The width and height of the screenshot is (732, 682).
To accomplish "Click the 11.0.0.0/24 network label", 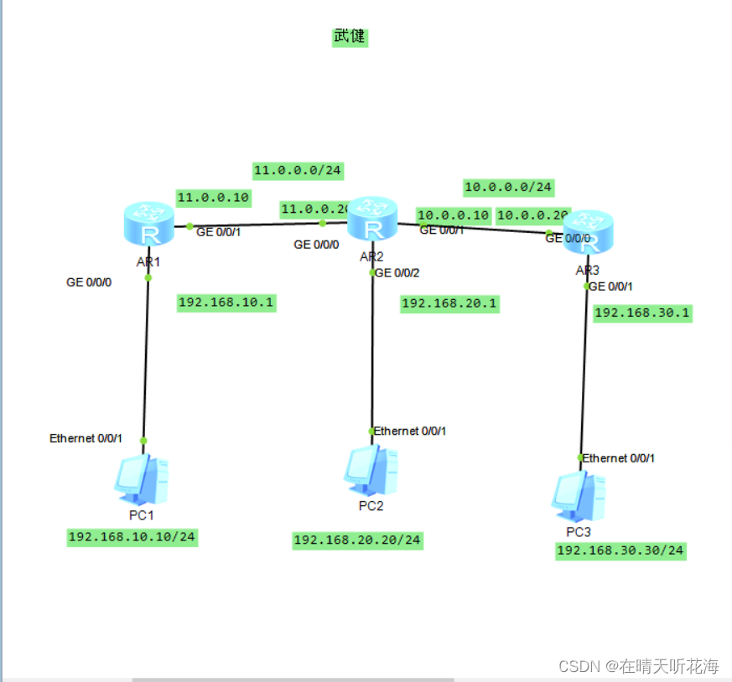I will [x=298, y=171].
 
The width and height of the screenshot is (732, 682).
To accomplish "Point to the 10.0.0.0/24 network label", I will [x=508, y=187].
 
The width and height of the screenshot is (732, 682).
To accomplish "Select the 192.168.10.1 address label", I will [x=226, y=302].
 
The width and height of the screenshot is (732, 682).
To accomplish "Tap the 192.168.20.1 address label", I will [x=449, y=303].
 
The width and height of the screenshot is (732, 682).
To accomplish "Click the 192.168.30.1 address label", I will [x=642, y=313].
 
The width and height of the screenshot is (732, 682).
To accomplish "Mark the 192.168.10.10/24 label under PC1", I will [x=132, y=537].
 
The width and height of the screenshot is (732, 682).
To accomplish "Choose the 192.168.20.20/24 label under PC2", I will [x=357, y=540].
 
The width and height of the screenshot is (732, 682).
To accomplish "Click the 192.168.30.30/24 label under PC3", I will [x=620, y=550].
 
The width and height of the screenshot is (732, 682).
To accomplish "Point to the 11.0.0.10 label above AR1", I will [x=213, y=197].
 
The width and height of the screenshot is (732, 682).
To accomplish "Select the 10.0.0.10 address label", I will [x=453, y=215].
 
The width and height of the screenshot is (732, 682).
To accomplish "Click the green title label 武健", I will [x=350, y=37].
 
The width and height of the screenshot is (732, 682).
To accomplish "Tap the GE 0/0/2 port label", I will [x=397, y=272].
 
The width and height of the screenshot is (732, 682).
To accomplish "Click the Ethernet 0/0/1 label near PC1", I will [x=86, y=438].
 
